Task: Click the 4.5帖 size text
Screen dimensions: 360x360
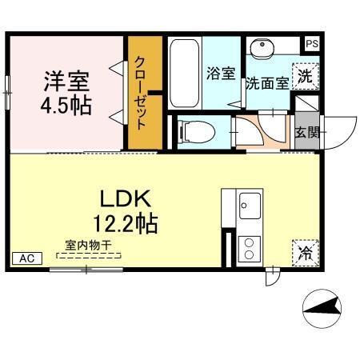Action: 66,105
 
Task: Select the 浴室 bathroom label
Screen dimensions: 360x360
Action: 221,74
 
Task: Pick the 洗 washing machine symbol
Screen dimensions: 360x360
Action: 305,76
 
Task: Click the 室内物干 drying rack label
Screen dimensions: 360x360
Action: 89,247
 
